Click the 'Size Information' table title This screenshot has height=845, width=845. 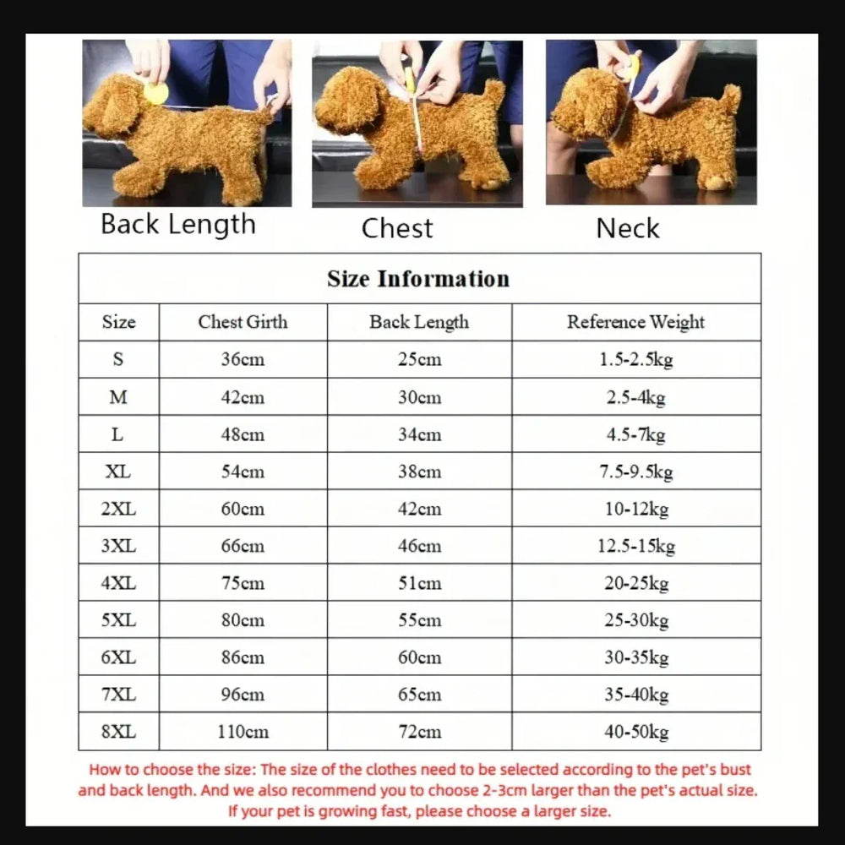click(x=418, y=279)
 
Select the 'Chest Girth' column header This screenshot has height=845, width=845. click(x=243, y=322)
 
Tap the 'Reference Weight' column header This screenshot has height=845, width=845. click(x=635, y=322)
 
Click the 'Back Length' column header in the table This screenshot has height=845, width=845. click(x=419, y=322)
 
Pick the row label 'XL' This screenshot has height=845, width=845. click(x=117, y=472)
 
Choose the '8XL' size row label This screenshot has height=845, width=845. click(x=117, y=732)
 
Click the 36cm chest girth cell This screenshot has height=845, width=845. click(x=243, y=360)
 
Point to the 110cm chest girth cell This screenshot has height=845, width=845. click(x=243, y=732)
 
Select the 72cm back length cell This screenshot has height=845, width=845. click(x=419, y=732)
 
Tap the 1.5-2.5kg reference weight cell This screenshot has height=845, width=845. click(x=635, y=360)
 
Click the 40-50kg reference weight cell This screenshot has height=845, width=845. click(x=635, y=732)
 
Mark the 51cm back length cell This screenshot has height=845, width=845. click(x=419, y=583)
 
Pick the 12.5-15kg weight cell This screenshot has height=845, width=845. click(x=635, y=546)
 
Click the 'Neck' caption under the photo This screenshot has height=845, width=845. click(x=627, y=228)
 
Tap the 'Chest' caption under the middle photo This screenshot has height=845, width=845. click(x=397, y=228)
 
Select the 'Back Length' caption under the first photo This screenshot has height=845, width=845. click(x=177, y=225)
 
